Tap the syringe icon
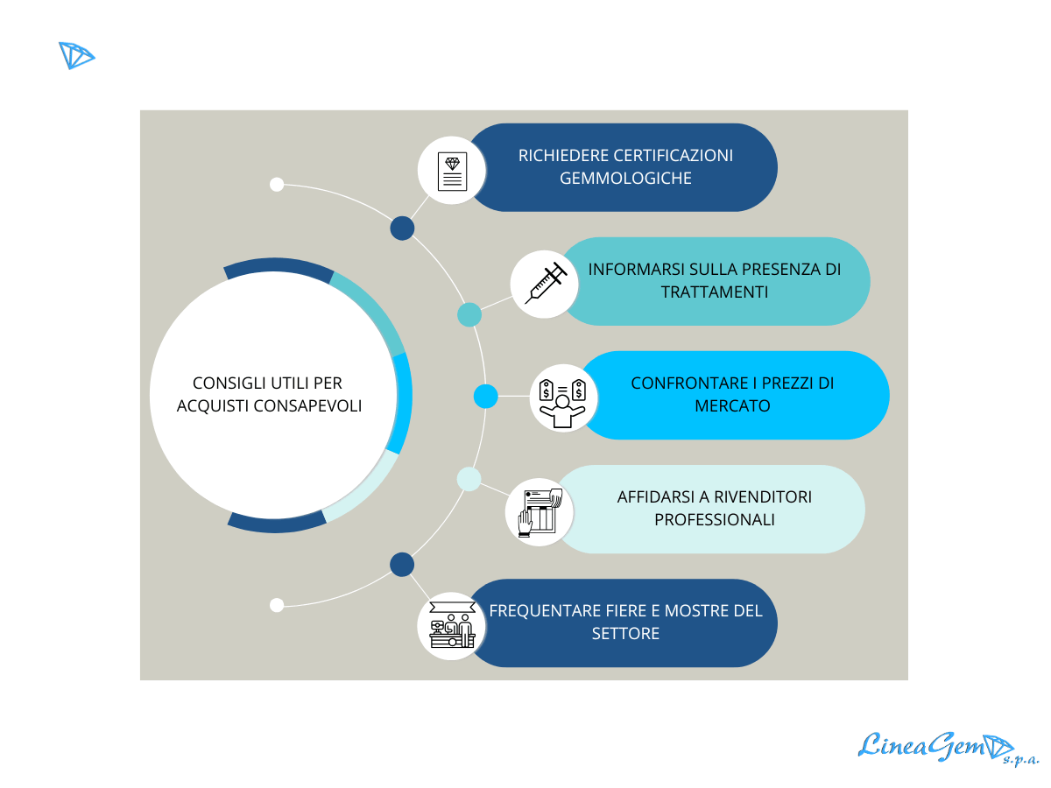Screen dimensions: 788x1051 545,284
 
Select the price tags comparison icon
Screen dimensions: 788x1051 562,398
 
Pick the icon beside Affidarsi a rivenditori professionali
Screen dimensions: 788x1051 540,512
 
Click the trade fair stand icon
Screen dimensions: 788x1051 451,626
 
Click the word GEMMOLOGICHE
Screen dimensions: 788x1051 625,179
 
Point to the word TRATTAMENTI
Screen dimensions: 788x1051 715,292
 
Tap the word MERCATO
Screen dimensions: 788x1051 733,406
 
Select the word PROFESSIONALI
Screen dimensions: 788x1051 715,519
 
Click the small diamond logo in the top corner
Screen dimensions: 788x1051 76,55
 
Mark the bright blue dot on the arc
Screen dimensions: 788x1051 485,397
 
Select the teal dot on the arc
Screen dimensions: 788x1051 469,315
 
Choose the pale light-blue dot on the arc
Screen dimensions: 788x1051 469,479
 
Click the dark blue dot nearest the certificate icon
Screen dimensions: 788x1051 402,229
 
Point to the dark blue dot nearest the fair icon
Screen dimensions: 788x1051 402,565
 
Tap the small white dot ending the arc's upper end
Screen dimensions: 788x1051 277,184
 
